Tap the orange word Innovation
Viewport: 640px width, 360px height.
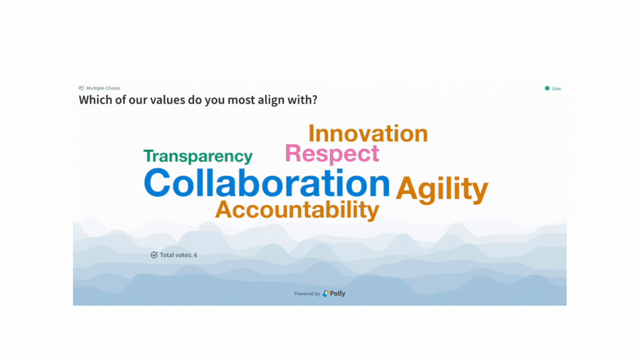click(368, 133)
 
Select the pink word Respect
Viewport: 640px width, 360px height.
click(332, 154)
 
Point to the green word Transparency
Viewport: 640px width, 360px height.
click(198, 156)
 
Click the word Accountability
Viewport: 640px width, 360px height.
click(297, 210)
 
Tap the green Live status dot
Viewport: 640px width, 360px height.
click(547, 88)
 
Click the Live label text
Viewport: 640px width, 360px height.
click(556, 88)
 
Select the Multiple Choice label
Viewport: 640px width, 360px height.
click(103, 88)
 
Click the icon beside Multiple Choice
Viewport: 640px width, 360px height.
click(81, 88)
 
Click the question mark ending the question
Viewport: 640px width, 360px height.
click(314, 100)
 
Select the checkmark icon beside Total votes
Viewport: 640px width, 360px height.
click(154, 255)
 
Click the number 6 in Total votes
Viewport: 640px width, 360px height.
click(195, 255)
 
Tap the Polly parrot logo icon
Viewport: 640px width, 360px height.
click(326, 294)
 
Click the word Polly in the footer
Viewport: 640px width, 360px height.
click(338, 294)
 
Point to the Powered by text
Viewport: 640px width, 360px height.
click(307, 294)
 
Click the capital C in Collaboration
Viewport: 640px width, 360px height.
click(157, 183)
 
